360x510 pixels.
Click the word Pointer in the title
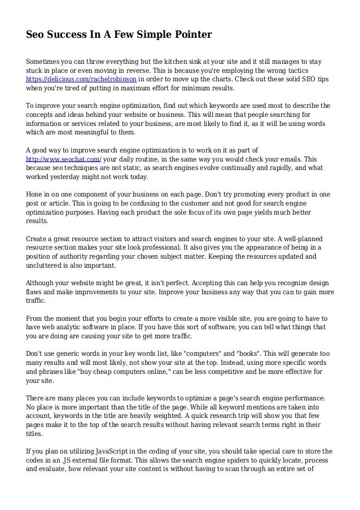click(x=190, y=36)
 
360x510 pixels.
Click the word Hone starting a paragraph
click(x=36, y=194)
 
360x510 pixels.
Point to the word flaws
click(x=36, y=292)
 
